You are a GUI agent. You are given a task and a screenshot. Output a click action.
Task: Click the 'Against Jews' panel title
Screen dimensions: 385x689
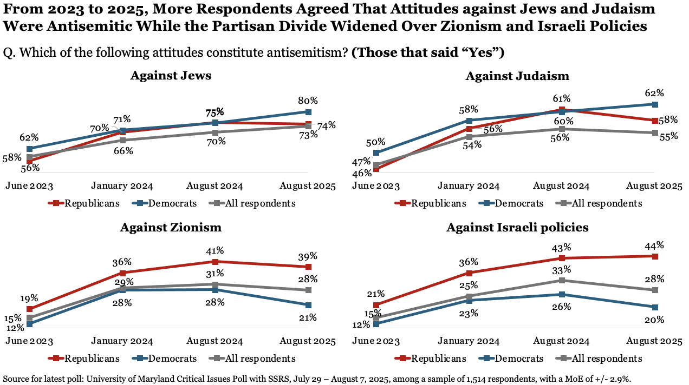pos(171,76)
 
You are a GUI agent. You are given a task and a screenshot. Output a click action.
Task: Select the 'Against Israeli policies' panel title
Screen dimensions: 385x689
pos(517,228)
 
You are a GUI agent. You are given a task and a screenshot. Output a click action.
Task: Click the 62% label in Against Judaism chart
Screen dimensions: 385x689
pos(654,92)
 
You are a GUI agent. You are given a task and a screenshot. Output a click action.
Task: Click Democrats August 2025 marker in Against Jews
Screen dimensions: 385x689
pos(308,112)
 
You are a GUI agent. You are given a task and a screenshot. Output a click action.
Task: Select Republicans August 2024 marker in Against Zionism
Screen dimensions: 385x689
pos(216,262)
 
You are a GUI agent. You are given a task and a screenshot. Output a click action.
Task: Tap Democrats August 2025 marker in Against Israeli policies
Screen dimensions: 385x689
pos(654,307)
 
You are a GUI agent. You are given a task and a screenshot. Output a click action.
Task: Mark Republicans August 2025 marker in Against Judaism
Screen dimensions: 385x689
pos(654,121)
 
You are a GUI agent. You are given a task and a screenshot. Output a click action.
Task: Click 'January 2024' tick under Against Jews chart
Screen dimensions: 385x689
pos(122,186)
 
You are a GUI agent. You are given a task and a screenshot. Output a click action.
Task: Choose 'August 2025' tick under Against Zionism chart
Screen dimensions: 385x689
pos(308,341)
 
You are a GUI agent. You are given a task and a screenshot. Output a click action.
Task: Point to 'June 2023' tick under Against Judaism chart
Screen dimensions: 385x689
pos(376,186)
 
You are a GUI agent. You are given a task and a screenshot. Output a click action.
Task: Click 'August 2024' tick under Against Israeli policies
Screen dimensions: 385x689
pos(561,341)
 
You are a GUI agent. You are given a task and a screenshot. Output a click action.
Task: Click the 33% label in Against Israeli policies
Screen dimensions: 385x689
pos(562,269)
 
